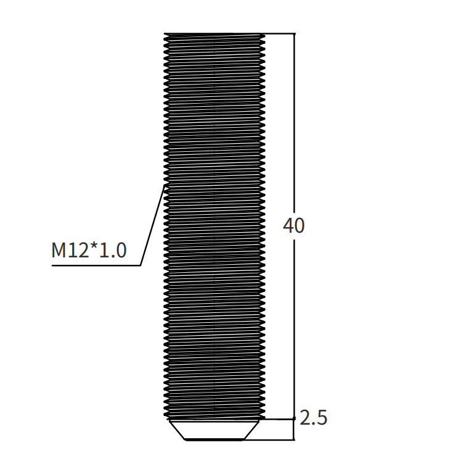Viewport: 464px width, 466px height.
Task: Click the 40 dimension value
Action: pos(294,225)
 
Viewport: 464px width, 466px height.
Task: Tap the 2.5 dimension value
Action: pos(313,418)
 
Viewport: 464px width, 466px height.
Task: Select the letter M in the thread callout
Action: pos(58,250)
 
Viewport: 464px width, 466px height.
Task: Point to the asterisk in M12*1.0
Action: pos(94,247)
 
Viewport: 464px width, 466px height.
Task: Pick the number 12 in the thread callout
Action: pos(78,250)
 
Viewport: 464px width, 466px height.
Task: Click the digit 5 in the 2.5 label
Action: pos(322,418)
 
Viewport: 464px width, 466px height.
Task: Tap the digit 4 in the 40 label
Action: pos(288,225)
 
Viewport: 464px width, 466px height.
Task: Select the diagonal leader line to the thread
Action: pos(152,225)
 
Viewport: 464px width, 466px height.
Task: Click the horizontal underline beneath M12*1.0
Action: pos(96,265)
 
